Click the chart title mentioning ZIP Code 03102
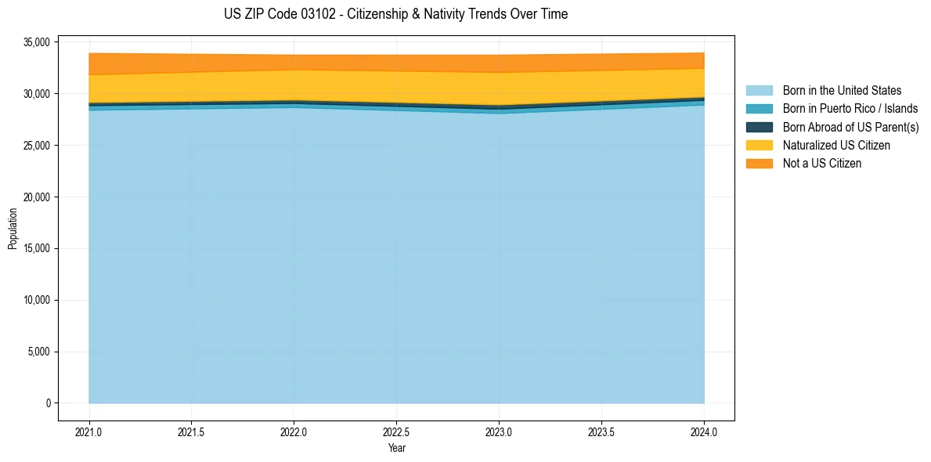395,14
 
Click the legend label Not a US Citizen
822,163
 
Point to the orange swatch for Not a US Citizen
759,163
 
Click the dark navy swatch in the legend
759,127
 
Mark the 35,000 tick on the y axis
38,42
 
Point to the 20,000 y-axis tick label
38,197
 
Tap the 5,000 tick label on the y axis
40,352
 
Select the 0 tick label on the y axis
47,403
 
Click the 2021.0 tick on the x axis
89,431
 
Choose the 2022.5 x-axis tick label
396,431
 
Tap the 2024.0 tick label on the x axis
704,431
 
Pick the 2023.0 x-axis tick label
499,431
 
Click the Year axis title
396,448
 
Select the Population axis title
13,229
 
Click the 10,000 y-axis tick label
38,300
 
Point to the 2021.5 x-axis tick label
192,431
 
